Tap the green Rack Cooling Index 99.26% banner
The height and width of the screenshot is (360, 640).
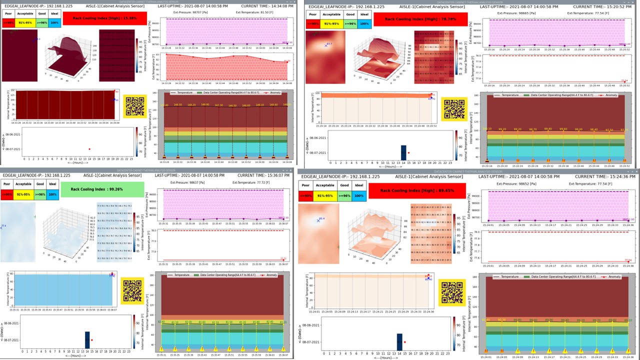(x=101, y=189)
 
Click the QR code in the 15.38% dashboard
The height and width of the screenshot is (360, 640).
(x=134, y=106)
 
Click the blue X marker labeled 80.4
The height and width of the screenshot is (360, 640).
(x=317, y=220)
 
